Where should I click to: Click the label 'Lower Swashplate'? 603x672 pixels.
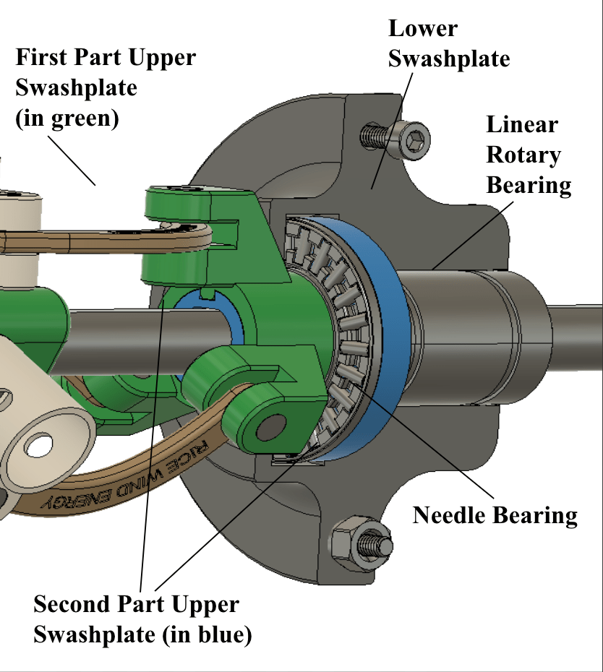pos(448,43)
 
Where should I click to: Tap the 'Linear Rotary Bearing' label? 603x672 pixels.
pos(529,155)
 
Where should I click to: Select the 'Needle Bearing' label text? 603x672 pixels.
pos(495,515)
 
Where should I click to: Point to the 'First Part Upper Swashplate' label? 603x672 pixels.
pos(105,87)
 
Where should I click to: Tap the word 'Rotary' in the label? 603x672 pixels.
pos(523,155)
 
